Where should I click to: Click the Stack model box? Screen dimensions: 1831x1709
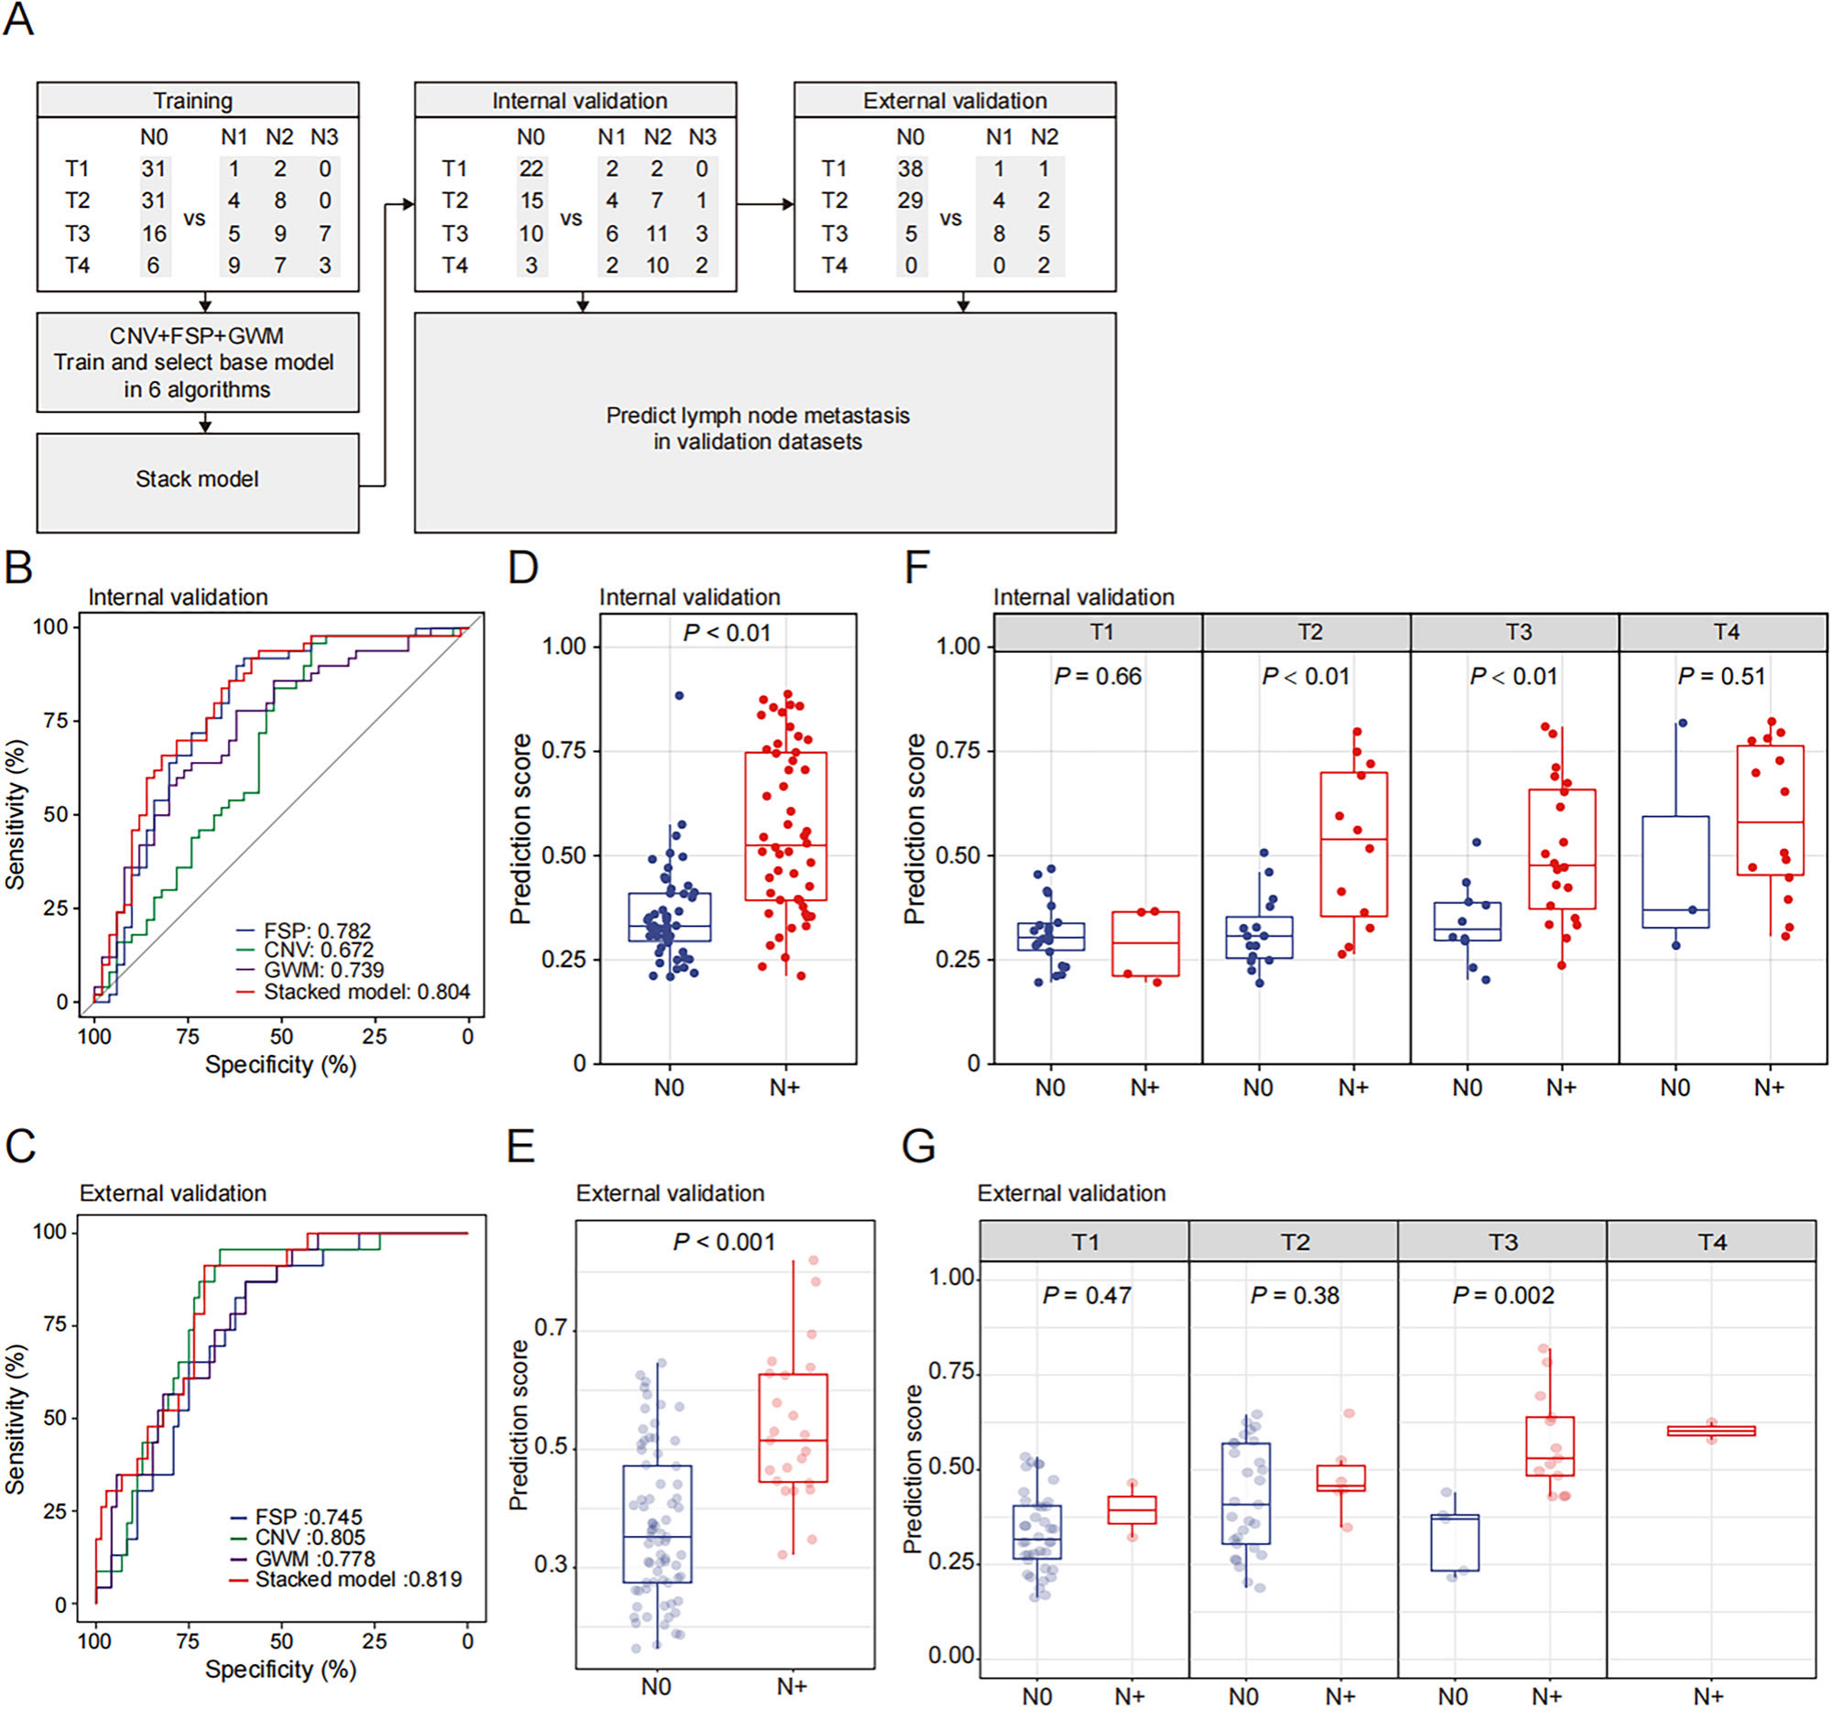tap(197, 483)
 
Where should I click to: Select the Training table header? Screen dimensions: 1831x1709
tap(197, 100)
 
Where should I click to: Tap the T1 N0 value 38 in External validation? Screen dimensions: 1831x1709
tap(910, 169)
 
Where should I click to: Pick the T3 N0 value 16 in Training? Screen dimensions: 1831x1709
tap(154, 234)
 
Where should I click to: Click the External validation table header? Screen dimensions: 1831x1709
tap(955, 100)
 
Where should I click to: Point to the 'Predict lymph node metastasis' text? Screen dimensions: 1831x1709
tap(757, 416)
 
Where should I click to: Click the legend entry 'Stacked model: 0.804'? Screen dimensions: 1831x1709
tap(366, 991)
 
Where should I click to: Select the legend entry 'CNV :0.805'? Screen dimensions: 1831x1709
tap(309, 1537)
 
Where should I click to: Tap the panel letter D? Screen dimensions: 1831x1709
tap(523, 567)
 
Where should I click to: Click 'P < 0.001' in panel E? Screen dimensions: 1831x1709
tap(724, 1242)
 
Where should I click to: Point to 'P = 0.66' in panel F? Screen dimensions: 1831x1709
tap(1098, 676)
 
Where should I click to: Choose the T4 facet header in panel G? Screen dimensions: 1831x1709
tap(1711, 1242)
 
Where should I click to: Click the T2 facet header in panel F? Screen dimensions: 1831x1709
tap(1307, 632)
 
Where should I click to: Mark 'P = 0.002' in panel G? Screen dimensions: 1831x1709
tap(1503, 1295)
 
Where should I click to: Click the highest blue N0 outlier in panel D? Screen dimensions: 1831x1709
tap(678, 695)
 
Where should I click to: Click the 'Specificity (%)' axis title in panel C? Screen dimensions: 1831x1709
tap(280, 1669)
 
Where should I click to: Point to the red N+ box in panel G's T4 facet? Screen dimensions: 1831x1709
tap(1711, 1431)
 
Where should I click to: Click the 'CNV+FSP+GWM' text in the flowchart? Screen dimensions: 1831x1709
tap(196, 335)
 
